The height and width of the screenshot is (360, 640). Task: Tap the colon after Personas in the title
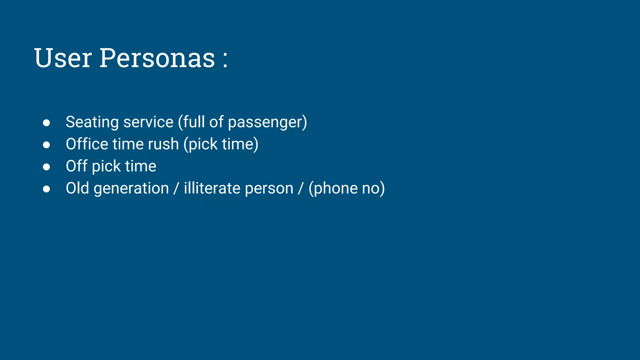225,59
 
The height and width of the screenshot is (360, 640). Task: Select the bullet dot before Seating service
47,123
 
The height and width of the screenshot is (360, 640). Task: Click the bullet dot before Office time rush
47,145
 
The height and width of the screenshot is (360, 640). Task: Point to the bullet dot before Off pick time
47,167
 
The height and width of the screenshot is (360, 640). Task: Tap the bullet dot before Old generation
47,189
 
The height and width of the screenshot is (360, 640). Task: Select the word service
148,122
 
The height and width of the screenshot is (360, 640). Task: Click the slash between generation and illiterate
176,188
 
